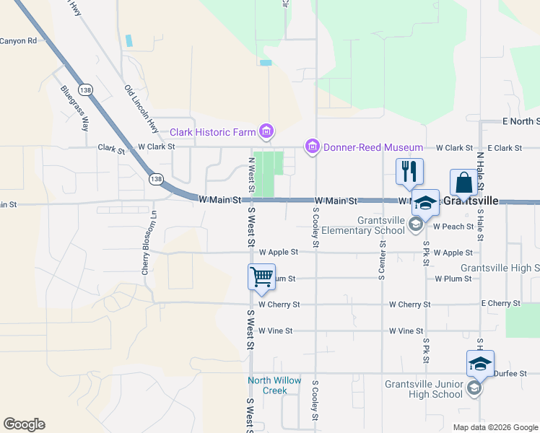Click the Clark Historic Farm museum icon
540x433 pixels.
point(266,131)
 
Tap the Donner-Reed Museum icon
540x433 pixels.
point(313,147)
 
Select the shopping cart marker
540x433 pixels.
point(261,276)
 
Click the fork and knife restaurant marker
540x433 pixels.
point(409,172)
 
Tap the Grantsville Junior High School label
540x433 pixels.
point(423,389)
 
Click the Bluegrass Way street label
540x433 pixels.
point(74,108)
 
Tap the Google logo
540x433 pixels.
point(24,424)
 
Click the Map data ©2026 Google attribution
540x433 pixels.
point(495,427)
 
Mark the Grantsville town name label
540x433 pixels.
point(470,200)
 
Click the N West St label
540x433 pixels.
point(251,174)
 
